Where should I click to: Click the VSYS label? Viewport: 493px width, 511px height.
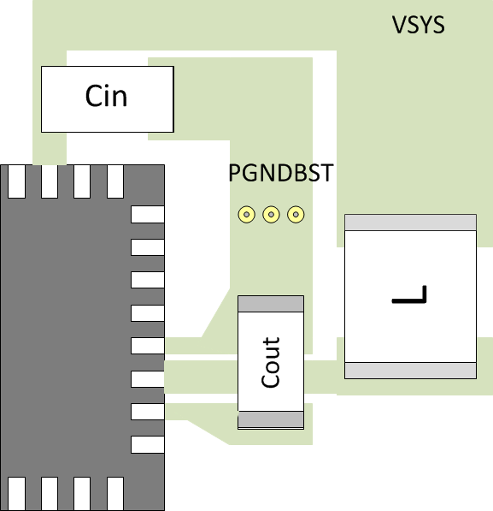(418, 25)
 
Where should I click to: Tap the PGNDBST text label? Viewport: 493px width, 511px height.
(280, 174)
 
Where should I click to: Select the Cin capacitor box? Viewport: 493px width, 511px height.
(108, 99)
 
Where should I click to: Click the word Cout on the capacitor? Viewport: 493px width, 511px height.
(271, 362)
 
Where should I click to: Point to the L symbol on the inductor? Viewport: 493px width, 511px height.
(409, 296)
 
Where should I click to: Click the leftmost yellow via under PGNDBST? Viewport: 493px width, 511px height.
(246, 214)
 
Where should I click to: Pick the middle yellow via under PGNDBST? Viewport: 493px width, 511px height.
(271, 214)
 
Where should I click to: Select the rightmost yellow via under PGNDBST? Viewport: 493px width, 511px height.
(296, 214)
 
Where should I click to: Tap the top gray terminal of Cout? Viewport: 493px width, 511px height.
(271, 304)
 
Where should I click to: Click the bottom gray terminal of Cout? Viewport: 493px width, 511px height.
(271, 419)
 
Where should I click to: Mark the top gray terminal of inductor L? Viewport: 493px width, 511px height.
(410, 222)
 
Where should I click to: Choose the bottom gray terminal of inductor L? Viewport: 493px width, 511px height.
(410, 370)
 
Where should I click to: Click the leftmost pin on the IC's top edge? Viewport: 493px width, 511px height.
(16, 181)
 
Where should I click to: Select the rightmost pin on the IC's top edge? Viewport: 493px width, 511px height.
(115, 181)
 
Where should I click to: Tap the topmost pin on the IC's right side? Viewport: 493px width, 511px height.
(147, 214)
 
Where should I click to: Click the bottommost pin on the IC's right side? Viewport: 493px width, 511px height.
(147, 444)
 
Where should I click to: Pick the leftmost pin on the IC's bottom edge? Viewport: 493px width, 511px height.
(16, 494)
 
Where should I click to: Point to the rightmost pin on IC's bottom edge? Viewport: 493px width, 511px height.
(115, 494)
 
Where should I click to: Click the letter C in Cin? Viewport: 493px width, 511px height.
(94, 96)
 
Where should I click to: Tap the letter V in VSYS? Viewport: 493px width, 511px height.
(399, 25)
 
